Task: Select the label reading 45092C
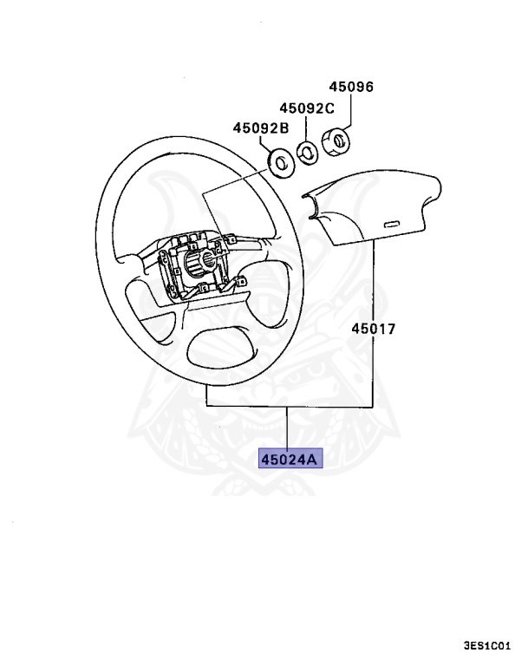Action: click(x=306, y=108)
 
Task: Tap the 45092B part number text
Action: click(x=260, y=128)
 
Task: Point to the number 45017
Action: click(x=374, y=330)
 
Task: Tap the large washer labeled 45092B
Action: click(x=280, y=160)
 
